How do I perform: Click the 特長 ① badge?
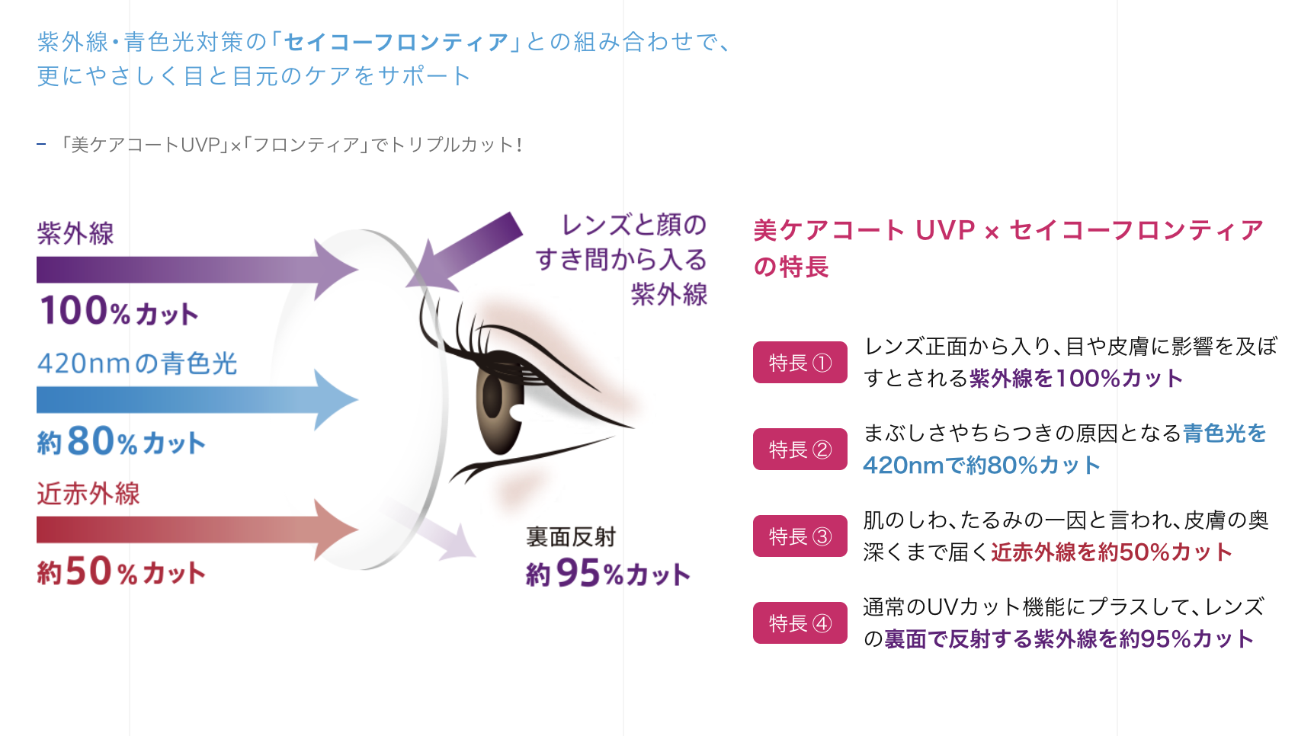coord(800,363)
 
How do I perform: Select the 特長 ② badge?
coord(800,450)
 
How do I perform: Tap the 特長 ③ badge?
coord(800,536)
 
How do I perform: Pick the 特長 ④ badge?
coord(800,623)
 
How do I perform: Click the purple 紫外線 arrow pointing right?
coord(197,270)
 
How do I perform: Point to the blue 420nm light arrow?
coord(197,400)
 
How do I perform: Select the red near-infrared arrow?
coord(197,530)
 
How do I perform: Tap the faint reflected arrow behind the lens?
coord(431,530)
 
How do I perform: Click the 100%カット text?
coord(119,311)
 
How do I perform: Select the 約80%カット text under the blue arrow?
coord(121,441)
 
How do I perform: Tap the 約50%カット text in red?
coord(121,571)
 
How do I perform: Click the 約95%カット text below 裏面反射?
coord(607,573)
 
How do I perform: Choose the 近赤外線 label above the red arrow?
coord(88,494)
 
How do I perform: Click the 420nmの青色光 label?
coord(137,363)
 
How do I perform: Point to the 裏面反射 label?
coord(571,537)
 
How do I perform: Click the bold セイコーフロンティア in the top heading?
coord(396,42)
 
